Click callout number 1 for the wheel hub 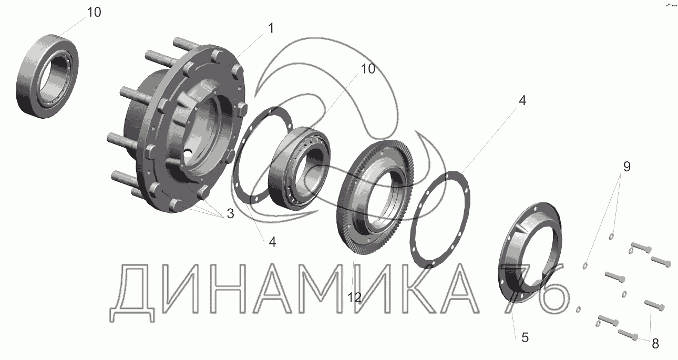[271, 28]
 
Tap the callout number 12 [354, 298]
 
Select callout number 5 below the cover [525, 337]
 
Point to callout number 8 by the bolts [655, 344]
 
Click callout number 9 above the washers [627, 167]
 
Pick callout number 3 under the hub [230, 214]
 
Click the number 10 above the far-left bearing [94, 13]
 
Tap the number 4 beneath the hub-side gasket [272, 242]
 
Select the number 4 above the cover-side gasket [522, 100]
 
